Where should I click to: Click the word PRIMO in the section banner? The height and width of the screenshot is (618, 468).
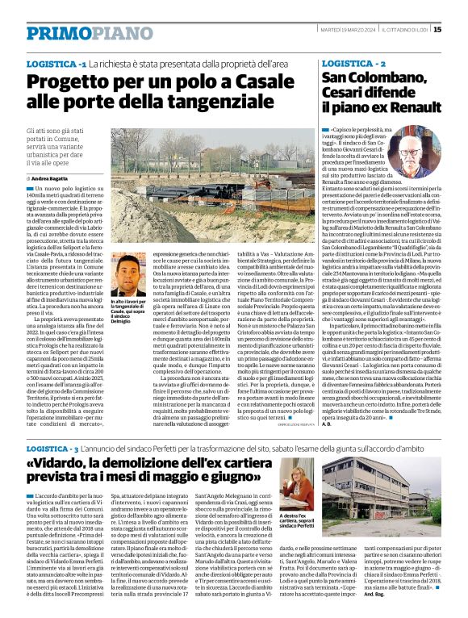click(57, 33)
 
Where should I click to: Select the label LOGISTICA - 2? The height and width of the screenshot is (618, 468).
click(354, 62)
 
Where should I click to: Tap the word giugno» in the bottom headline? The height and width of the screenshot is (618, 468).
click(265, 485)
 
